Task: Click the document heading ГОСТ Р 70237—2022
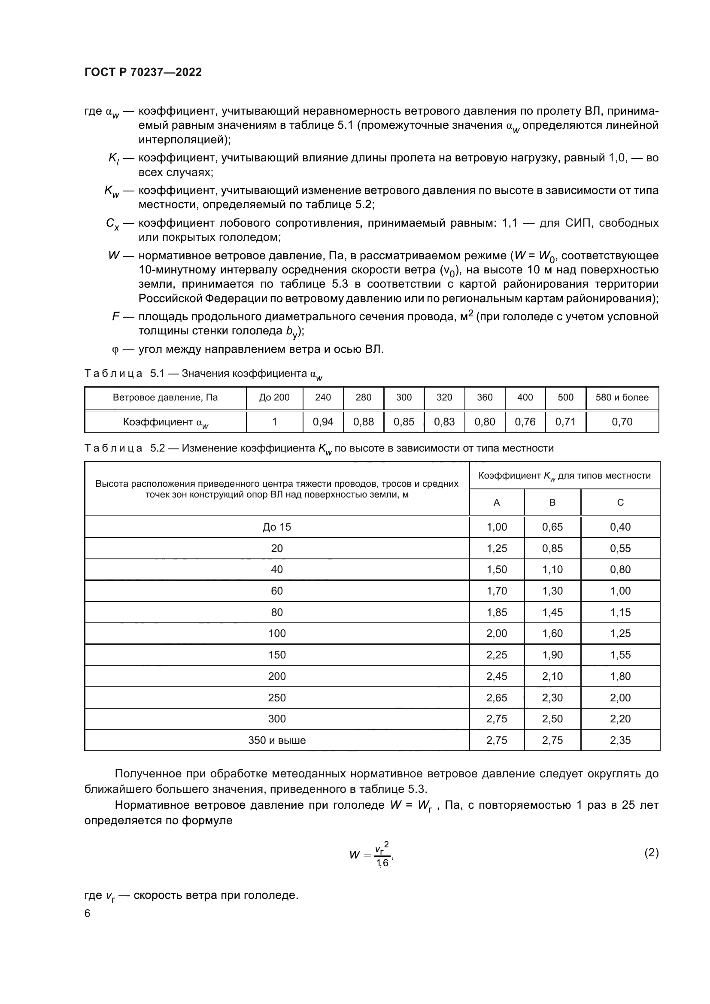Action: coord(143,72)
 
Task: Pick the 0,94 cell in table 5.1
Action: coord(323,422)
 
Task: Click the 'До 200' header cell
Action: coord(275,397)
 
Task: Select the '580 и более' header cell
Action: coord(622,397)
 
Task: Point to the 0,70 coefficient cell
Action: coord(622,422)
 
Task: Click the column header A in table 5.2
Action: coord(497,503)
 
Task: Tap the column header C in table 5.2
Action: coord(620,503)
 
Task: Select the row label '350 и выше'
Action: coord(277,740)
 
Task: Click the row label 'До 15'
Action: coord(277,527)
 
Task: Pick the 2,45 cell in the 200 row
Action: coord(497,676)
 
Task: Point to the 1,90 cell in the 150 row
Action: coord(552,655)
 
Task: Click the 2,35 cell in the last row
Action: coord(620,740)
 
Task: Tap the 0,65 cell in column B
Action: coord(552,527)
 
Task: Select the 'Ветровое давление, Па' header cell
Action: coord(165,397)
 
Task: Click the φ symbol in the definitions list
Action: coord(115,350)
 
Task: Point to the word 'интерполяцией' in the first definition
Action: coord(182,140)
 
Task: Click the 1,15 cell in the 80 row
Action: coord(620,612)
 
